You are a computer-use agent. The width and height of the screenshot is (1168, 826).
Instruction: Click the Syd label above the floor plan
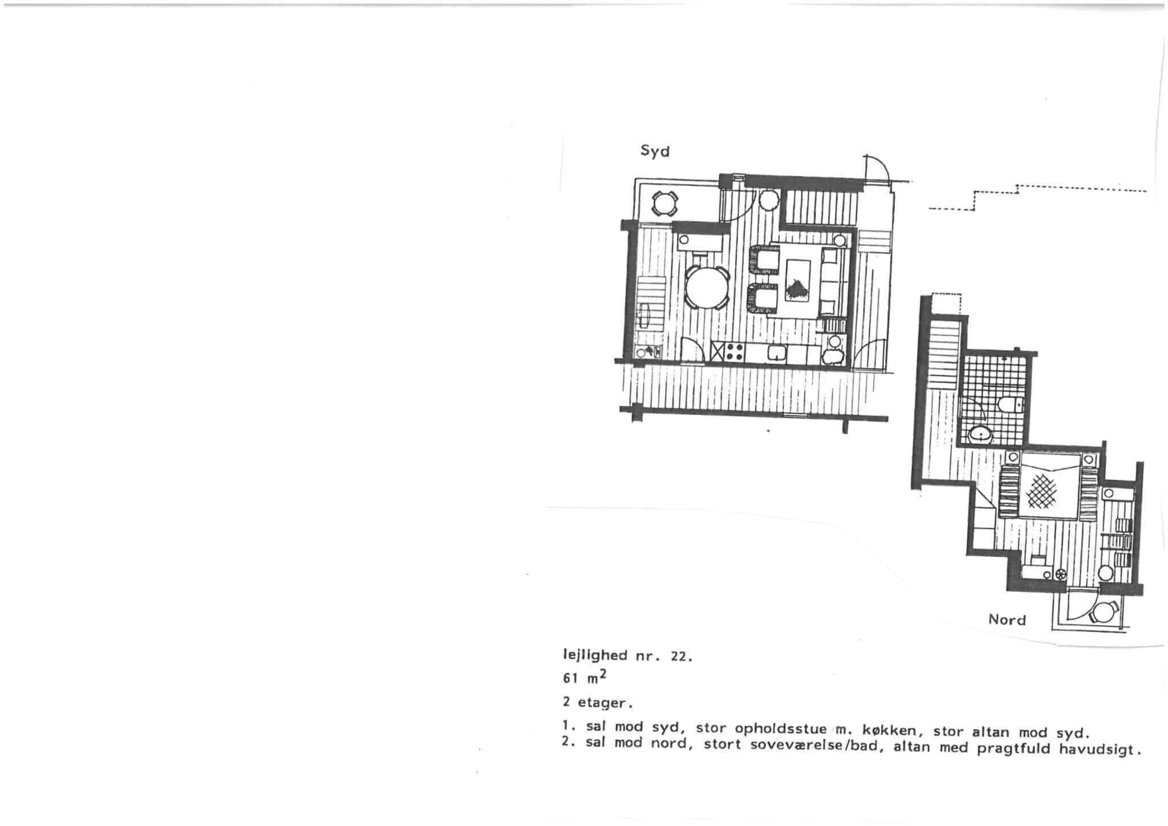click(655, 152)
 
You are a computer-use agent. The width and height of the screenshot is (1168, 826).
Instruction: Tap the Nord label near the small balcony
click(1007, 619)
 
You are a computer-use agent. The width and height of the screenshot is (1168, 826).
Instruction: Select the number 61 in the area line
click(571, 679)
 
